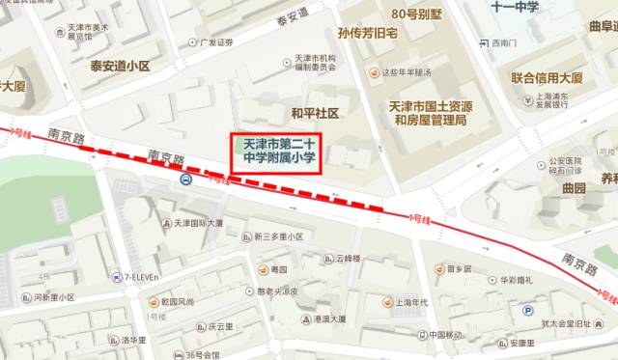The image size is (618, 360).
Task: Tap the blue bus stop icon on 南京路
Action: coord(184,179)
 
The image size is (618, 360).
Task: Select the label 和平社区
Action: coord(316,113)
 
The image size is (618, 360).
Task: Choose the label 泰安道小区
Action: coord(121,67)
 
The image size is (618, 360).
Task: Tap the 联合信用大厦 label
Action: coord(547,77)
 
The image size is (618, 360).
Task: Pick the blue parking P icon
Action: coord(527,310)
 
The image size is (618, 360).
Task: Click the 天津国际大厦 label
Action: coord(198,223)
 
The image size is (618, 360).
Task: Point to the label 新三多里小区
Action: coord(278,236)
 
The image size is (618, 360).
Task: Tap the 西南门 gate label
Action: coord(504,42)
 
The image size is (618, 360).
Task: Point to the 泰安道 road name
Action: coord(291,14)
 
